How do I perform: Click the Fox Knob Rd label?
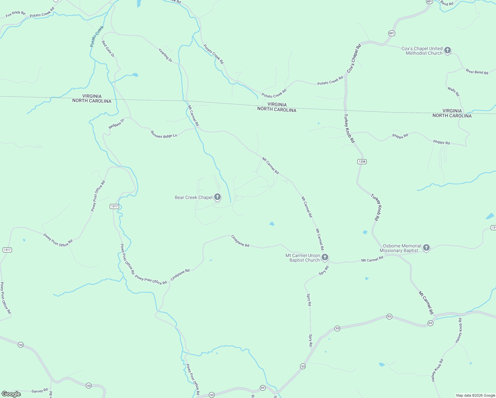tap(16, 14)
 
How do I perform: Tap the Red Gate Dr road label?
tap(108, 49)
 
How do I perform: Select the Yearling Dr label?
tap(165, 55)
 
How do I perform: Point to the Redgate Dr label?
tap(116, 124)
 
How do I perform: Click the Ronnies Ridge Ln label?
tap(164, 134)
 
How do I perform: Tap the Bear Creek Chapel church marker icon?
tap(217, 197)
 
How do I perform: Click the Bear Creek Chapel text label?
tap(194, 198)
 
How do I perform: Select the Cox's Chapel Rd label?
tap(354, 59)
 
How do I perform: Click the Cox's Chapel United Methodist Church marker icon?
tap(448, 50)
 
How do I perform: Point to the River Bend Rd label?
tap(477, 72)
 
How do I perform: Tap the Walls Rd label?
tap(453, 92)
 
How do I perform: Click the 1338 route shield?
tap(362, 162)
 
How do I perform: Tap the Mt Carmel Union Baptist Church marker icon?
tap(325, 257)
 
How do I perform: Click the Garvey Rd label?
tap(40, 391)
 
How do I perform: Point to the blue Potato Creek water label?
tap(97, 36)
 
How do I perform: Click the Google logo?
tap(11, 394)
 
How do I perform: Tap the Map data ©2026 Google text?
tap(475, 395)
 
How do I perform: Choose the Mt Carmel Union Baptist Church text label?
tap(303, 258)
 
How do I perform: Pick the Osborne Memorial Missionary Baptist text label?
tap(402, 248)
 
